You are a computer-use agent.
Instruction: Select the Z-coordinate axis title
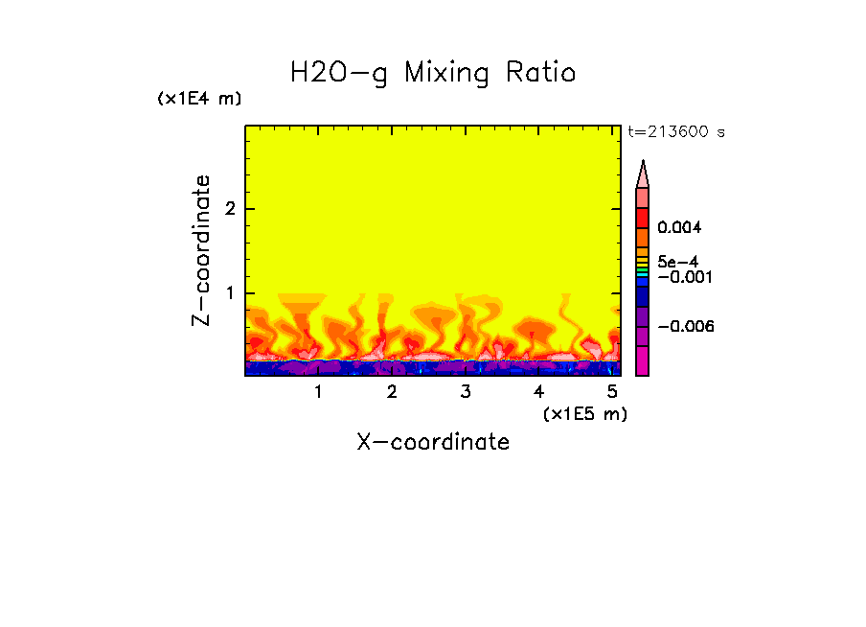pos(201,250)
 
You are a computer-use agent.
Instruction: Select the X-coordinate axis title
pos(433,442)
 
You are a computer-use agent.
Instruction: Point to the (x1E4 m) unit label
pos(199,99)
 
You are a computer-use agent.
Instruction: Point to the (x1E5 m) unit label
pos(584,413)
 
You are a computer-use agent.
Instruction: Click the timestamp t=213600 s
pos(675,132)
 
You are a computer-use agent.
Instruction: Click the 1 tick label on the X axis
pos(318,392)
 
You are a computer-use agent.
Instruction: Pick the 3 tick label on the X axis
pos(465,392)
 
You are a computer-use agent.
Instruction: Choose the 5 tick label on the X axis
pos(611,392)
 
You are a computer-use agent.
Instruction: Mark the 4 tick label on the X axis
pos(538,392)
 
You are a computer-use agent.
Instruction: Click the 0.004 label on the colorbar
pos(679,228)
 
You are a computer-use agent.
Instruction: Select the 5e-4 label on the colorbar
pos(676,261)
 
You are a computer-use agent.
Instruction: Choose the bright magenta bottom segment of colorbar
pos(643,362)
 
